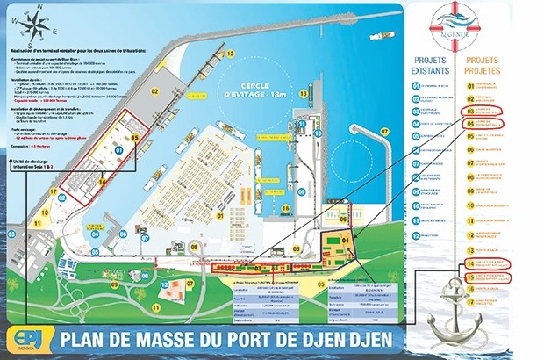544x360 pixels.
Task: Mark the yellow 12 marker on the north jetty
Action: point(231,53)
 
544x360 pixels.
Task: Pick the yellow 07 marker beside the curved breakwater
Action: point(383,133)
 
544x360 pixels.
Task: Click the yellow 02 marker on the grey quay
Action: point(154,90)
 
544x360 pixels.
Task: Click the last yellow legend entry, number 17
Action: point(471,300)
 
